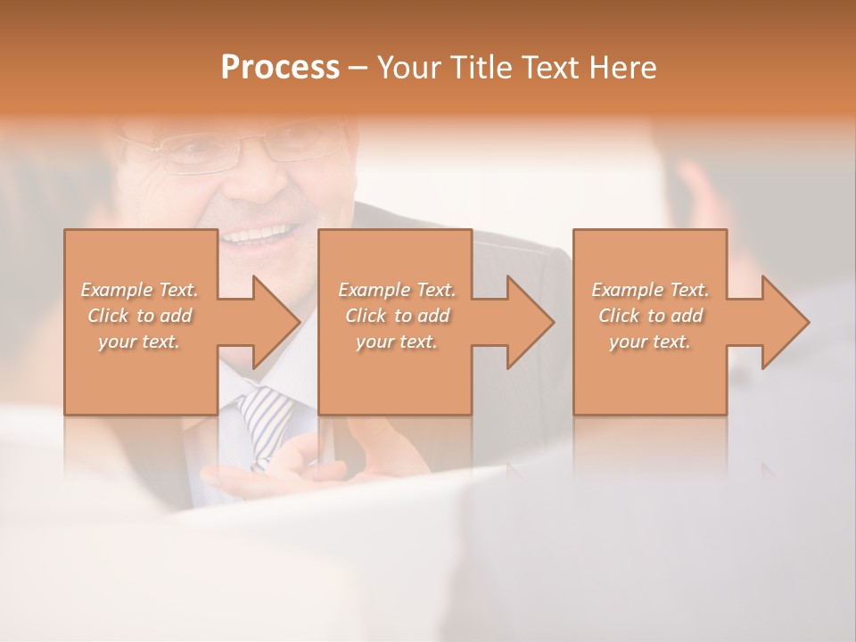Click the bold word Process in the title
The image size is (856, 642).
click(280, 68)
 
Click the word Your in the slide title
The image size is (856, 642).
click(409, 68)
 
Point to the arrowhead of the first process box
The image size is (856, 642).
click(267, 322)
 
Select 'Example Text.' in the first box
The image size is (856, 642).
click(139, 289)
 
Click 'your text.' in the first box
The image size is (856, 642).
click(139, 341)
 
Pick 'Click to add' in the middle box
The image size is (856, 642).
click(397, 315)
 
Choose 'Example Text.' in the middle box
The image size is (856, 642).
click(397, 289)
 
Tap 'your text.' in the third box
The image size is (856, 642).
click(650, 341)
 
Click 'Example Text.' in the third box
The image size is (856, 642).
click(650, 289)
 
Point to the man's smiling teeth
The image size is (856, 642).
click(264, 236)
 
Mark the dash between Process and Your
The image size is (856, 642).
click(358, 68)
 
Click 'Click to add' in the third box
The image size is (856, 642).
click(650, 315)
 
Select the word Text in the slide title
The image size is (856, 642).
click(550, 68)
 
